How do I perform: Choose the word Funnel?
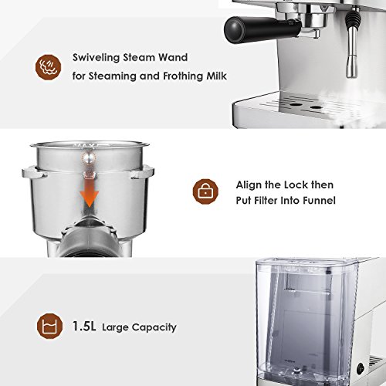pos(316,201)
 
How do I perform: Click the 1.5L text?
pos(86,327)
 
